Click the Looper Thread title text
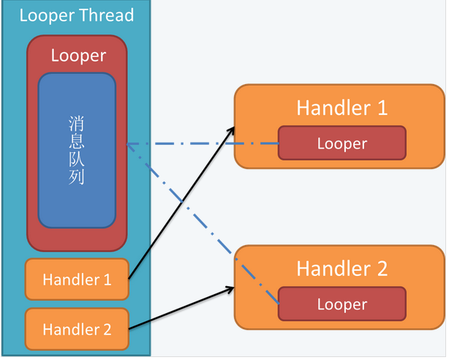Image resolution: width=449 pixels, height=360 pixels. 77,15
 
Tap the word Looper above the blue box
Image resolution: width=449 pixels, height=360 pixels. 78,56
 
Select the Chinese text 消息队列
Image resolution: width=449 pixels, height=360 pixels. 77,150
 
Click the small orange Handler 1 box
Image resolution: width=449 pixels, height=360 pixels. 77,280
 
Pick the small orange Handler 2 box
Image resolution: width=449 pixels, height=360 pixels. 77,329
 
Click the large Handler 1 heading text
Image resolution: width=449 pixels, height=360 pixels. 342,108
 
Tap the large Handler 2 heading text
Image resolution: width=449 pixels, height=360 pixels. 342,269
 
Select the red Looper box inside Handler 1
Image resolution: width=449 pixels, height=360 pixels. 342,143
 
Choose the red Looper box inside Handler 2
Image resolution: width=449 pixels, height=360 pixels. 342,304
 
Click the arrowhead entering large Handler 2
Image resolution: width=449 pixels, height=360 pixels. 230,289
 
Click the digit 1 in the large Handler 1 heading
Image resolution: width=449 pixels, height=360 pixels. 383,108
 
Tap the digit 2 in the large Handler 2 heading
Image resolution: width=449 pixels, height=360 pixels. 382,269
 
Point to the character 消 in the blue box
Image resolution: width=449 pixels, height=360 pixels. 77,124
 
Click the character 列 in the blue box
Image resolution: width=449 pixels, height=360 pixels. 77,177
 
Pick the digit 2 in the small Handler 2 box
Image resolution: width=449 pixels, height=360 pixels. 107,329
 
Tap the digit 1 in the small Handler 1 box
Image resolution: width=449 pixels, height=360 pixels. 107,280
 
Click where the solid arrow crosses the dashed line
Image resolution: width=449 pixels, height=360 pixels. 182,201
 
